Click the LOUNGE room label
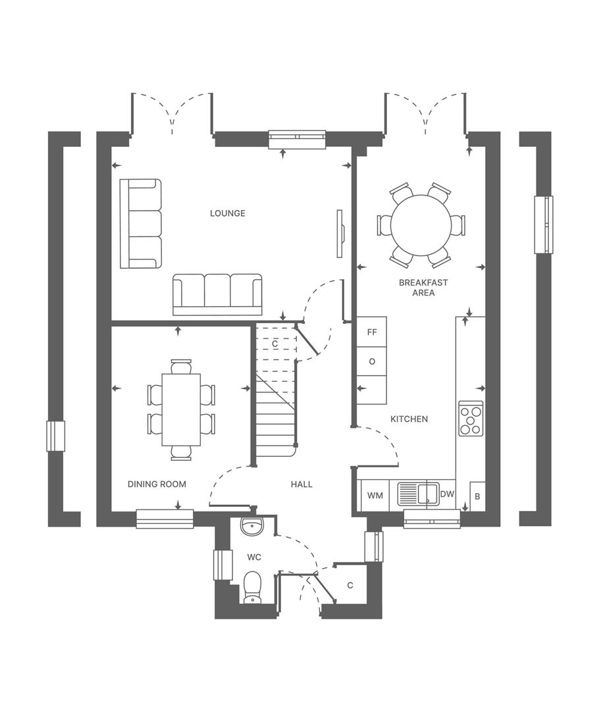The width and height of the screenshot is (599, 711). tap(228, 213)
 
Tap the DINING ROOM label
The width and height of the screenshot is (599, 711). tap(157, 484)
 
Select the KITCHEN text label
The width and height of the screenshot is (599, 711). tap(409, 419)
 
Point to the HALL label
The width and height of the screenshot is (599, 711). tap(301, 484)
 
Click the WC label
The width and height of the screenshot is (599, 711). tap(254, 557)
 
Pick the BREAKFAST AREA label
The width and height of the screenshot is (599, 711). tap(423, 288)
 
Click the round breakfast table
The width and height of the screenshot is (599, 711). tap(421, 225)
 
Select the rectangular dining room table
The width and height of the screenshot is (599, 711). tap(181, 409)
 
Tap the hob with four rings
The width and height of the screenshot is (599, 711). tap(471, 418)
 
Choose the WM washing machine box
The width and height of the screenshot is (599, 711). tap(375, 495)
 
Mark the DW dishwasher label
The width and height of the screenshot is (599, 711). tap(447, 494)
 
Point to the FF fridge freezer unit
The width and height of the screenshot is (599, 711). tap(372, 332)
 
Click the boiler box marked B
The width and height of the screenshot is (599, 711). tap(477, 496)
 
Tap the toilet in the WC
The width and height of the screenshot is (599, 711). tap(252, 587)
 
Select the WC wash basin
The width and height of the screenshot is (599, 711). tap(252, 526)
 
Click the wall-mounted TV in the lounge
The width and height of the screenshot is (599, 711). tap(340, 234)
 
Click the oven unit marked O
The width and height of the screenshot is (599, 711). tap(372, 361)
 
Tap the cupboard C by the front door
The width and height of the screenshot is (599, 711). tap(350, 585)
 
